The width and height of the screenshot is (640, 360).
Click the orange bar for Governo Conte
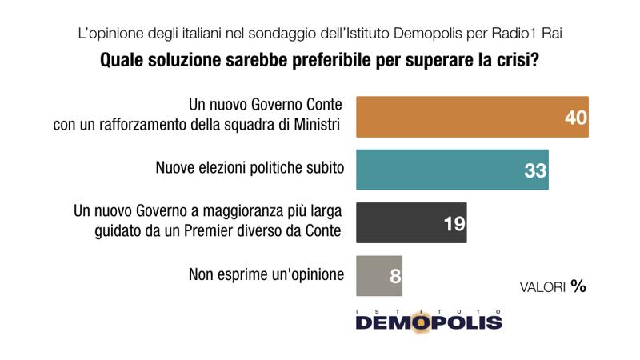point(472,117)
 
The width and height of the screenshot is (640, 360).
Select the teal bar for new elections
point(452,170)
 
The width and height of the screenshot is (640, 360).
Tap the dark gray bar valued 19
point(411,223)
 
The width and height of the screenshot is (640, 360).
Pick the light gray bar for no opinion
point(379,276)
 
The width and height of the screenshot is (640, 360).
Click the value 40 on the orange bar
point(576,118)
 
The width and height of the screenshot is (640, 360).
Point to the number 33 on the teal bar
point(535,170)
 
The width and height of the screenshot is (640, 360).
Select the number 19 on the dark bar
point(454,224)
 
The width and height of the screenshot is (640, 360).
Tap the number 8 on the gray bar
point(395,276)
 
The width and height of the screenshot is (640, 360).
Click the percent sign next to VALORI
point(578,286)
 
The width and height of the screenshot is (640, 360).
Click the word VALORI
point(542,287)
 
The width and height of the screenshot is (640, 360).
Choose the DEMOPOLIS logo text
point(429,322)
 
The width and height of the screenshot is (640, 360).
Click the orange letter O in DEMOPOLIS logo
point(421,322)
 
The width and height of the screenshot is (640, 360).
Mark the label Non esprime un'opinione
point(266,274)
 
